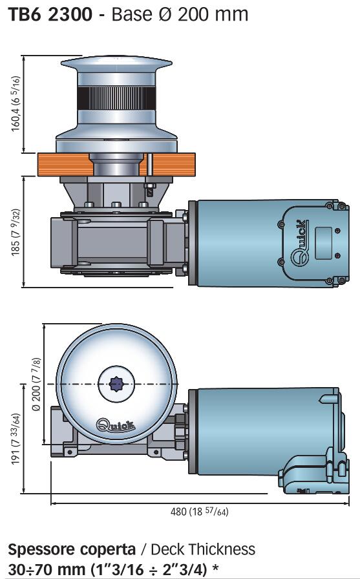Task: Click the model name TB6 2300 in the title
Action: click(x=50, y=14)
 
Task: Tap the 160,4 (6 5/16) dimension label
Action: click(x=16, y=104)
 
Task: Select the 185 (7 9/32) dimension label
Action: click(x=16, y=232)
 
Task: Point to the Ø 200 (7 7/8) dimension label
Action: click(x=36, y=384)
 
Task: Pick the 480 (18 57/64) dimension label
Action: click(x=199, y=512)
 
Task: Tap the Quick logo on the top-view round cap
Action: click(x=116, y=425)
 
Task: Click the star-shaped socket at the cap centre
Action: click(x=116, y=384)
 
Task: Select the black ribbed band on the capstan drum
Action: click(x=116, y=98)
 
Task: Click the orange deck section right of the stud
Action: click(x=174, y=165)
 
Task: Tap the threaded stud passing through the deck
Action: click(x=149, y=174)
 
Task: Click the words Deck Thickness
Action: click(x=203, y=549)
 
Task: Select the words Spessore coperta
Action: click(x=72, y=550)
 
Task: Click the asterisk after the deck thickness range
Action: click(x=216, y=567)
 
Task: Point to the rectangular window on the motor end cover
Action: click(x=323, y=243)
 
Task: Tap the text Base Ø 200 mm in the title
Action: click(x=180, y=14)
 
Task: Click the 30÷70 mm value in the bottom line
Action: click(x=46, y=569)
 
